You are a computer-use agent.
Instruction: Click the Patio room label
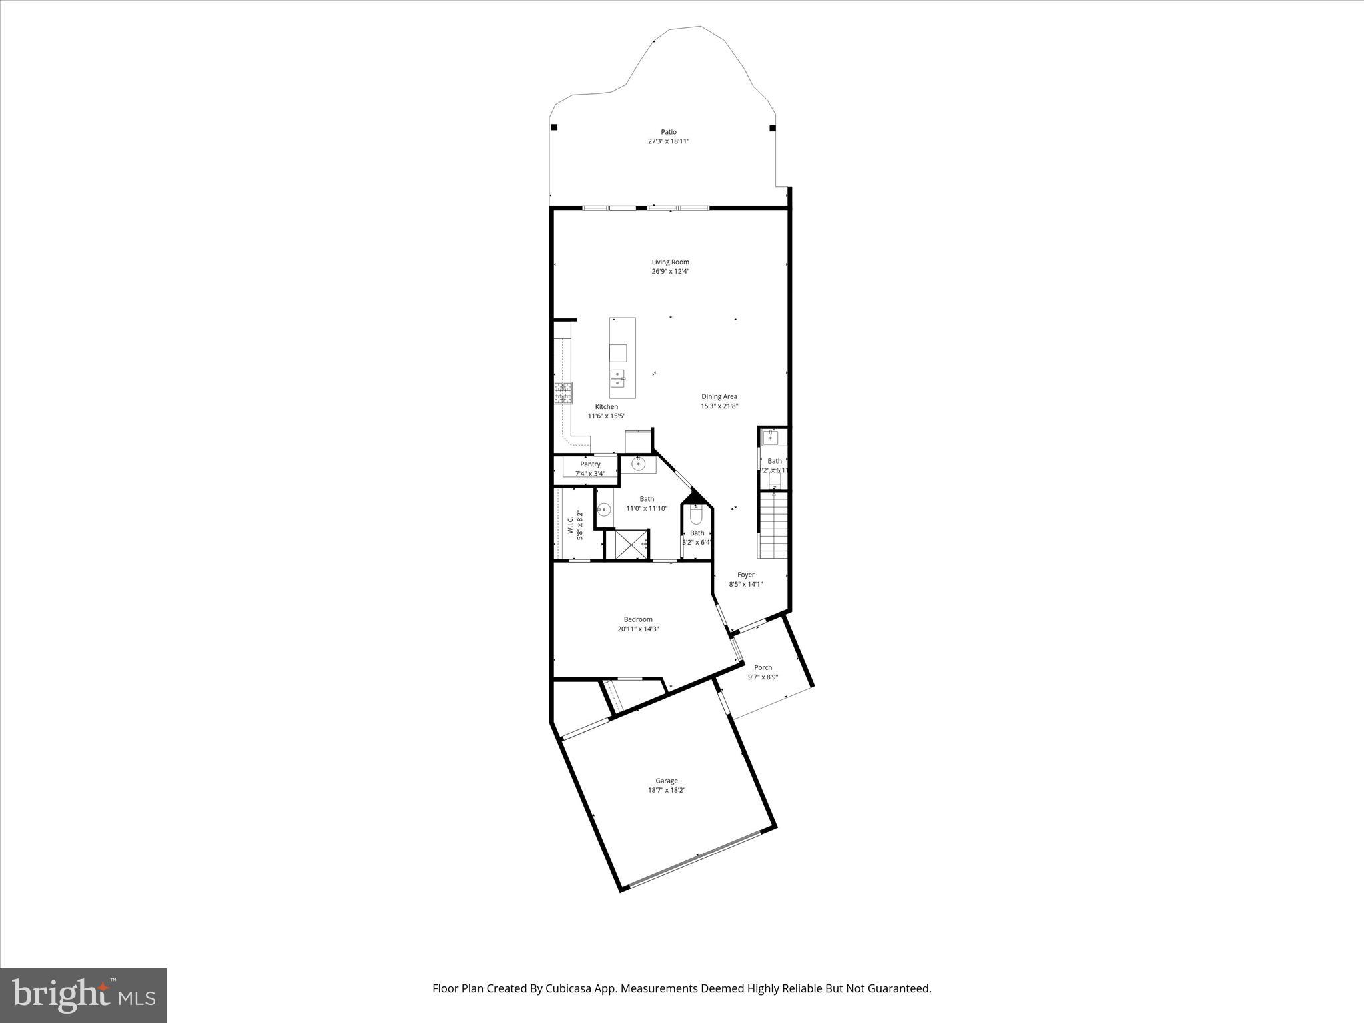pyautogui.click(x=668, y=132)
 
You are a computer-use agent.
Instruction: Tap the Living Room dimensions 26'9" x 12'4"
pyautogui.click(x=670, y=272)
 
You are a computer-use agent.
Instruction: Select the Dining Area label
pyautogui.click(x=719, y=396)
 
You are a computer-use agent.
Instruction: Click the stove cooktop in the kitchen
pyautogui.click(x=563, y=393)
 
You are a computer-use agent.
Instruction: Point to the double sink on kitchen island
pyautogui.click(x=618, y=378)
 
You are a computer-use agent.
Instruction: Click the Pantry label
pyautogui.click(x=590, y=464)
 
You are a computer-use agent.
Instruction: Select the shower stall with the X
pyautogui.click(x=631, y=544)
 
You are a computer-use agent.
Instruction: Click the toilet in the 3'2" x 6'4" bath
pyautogui.click(x=696, y=515)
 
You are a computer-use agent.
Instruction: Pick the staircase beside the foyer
pyautogui.click(x=773, y=525)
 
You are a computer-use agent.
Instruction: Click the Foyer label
pyautogui.click(x=745, y=575)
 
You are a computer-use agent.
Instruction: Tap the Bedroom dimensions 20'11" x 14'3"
pyautogui.click(x=637, y=629)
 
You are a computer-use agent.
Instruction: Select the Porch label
pyautogui.click(x=763, y=667)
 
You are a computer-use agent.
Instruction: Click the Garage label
pyautogui.click(x=666, y=781)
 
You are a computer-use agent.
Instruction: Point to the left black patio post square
pyautogui.click(x=554, y=127)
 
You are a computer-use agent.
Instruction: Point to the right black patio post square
pyautogui.click(x=773, y=128)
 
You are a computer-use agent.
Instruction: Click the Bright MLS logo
pyautogui.click(x=83, y=996)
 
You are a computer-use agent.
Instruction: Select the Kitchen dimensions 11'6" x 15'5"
pyautogui.click(x=606, y=416)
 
